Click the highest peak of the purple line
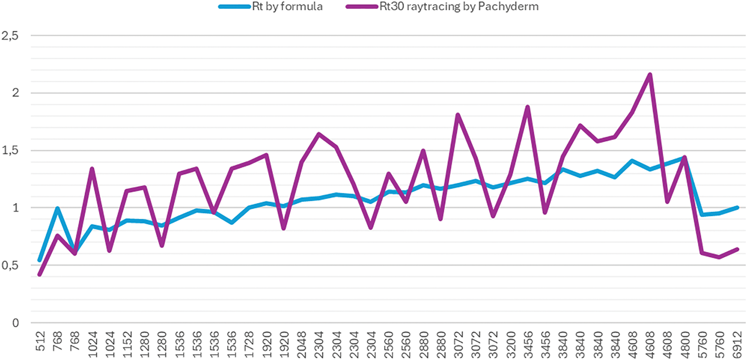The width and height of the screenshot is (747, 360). pos(650,74)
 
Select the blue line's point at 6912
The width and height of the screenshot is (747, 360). pos(737,208)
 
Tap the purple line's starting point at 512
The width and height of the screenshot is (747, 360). pos(40,274)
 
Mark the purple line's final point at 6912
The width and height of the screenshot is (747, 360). pos(737,249)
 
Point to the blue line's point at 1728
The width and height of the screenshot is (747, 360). pos(249,208)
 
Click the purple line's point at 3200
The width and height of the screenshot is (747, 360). pos(510,175)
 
